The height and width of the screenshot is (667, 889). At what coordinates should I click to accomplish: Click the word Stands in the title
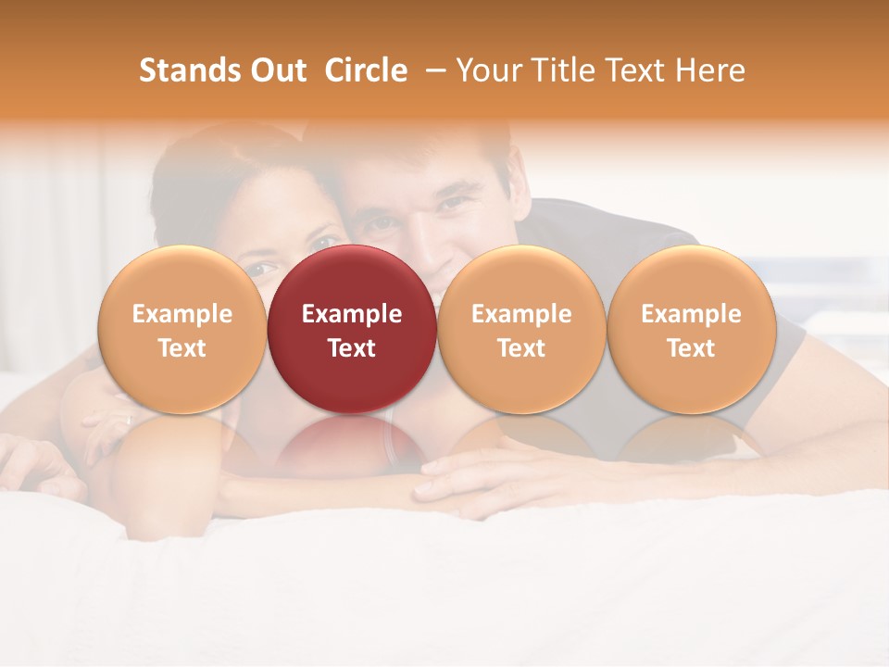188,70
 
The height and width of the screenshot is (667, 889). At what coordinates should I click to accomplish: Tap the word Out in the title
276,70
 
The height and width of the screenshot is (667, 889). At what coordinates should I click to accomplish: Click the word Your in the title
488,70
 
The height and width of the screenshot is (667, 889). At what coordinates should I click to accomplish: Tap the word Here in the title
710,70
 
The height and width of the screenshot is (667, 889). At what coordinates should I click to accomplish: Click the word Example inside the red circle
352,314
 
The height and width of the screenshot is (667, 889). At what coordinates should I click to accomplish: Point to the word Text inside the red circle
352,348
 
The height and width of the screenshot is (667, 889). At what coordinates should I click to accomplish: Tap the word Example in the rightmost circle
692,314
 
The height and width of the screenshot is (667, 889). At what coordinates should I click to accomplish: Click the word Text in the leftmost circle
182,348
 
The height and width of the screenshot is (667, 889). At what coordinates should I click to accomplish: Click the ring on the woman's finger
129,420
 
